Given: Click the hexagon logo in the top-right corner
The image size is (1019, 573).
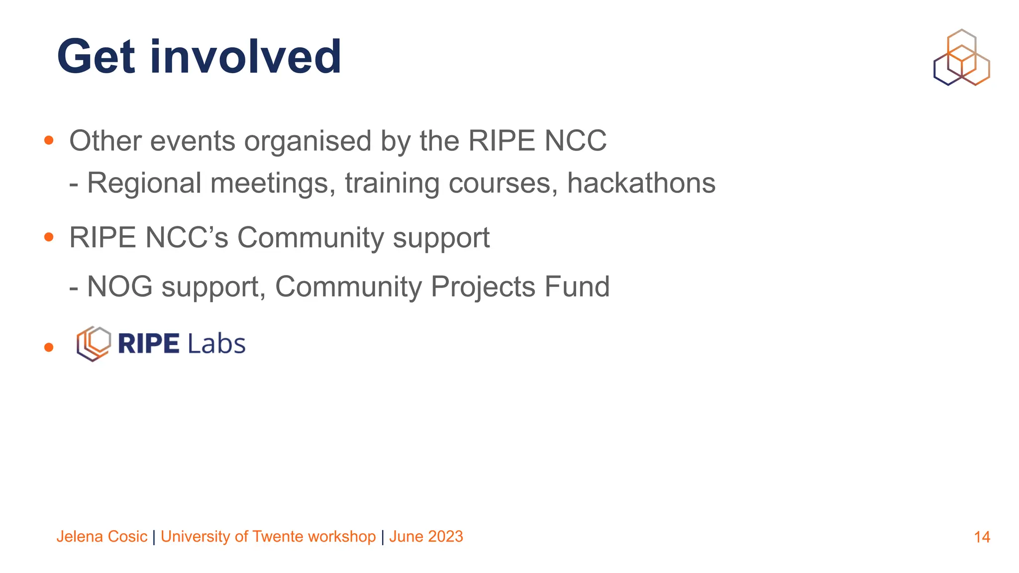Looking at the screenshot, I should coord(961,57).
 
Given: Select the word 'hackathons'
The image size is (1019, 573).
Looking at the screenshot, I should coord(641,183).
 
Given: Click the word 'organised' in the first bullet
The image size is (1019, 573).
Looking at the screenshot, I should coord(307,141).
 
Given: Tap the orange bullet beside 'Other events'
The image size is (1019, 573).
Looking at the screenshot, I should coord(49,141).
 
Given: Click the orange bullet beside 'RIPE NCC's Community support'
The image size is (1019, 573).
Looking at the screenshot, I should coord(49,237).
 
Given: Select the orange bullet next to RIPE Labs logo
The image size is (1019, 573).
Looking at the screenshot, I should coord(49,347).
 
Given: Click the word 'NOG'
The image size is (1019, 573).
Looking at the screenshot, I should coord(119,287).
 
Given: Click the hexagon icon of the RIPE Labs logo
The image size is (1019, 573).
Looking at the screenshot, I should coord(94,343).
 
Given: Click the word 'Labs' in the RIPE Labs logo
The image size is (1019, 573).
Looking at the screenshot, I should coord(216,344).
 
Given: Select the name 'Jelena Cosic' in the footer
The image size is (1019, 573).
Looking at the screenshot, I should coord(102,537).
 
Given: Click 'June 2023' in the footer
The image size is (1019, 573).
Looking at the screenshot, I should coord(426,537).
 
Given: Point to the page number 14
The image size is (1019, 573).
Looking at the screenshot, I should coord(982,537).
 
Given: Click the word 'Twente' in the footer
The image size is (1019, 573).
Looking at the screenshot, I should coord(278,537).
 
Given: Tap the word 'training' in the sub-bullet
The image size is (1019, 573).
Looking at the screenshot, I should coord(392,183).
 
